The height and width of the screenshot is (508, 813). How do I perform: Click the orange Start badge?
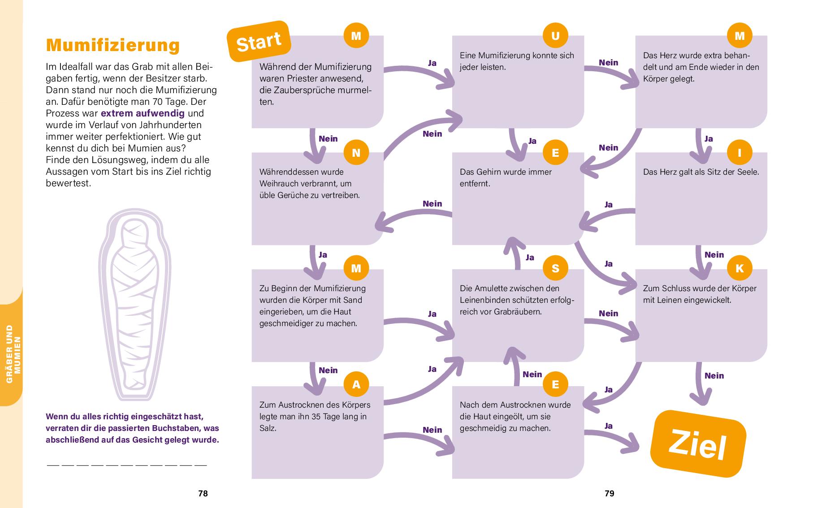coord(259,42)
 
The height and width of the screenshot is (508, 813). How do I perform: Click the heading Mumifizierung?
coord(113,45)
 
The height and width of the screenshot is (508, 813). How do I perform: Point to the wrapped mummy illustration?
coord(135,304)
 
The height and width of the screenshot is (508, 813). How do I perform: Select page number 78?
coord(203,494)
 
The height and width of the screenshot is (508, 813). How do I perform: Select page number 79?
coord(610,494)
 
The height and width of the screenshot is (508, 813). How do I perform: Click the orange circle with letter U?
coord(555,36)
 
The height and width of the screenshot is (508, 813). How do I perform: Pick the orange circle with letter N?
coord(356,153)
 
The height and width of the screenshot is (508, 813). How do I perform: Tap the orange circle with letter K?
coord(739,268)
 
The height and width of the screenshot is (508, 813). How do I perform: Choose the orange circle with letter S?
coord(555,268)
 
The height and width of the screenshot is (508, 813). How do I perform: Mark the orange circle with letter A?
coord(356,384)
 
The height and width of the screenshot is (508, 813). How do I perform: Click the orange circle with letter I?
coord(739,153)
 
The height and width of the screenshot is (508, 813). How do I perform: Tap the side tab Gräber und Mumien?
coord(12,354)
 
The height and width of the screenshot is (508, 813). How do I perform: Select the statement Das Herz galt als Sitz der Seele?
coord(701,172)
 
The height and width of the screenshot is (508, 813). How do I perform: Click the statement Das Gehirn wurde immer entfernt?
coord(506,177)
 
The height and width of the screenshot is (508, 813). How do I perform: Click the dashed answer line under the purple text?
coord(126,465)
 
